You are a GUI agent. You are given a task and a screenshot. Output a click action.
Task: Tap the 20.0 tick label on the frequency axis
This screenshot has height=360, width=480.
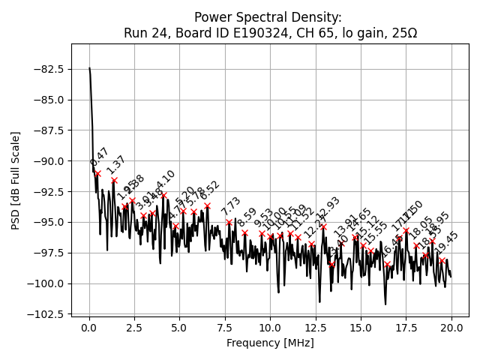click(x=451, y=328)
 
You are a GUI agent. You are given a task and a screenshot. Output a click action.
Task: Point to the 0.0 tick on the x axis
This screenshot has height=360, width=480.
click(x=89, y=328)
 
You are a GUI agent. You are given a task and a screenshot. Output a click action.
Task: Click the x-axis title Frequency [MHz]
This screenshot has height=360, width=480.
click(x=270, y=343)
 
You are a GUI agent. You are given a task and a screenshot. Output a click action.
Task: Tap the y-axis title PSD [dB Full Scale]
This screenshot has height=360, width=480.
click(x=16, y=180)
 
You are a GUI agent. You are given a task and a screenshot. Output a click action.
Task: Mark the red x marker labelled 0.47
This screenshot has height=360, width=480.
click(x=97, y=173)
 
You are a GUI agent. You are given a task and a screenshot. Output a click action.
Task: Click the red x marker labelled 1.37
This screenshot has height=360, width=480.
click(x=114, y=180)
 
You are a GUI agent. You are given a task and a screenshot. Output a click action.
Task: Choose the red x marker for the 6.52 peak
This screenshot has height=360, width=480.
click(x=207, y=205)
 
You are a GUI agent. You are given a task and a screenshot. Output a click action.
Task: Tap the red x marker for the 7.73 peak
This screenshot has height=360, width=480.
click(x=229, y=222)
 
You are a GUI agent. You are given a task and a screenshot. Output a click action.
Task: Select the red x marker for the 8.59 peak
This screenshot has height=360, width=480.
click(x=244, y=232)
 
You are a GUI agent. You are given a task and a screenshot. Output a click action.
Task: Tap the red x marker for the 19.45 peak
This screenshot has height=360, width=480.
click(x=442, y=260)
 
